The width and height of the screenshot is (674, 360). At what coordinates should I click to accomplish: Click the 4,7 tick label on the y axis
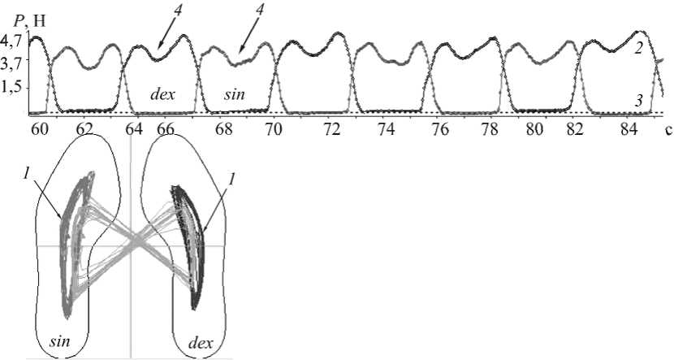coord(14,39)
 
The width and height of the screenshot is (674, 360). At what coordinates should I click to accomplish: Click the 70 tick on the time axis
coord(274,128)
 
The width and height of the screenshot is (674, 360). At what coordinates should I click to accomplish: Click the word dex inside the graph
coord(162,93)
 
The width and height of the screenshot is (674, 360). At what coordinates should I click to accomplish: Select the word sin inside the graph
coord(235,94)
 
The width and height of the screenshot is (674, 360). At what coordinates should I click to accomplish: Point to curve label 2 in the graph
coord(640,48)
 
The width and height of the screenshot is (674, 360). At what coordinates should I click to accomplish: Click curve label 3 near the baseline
coord(640,101)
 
